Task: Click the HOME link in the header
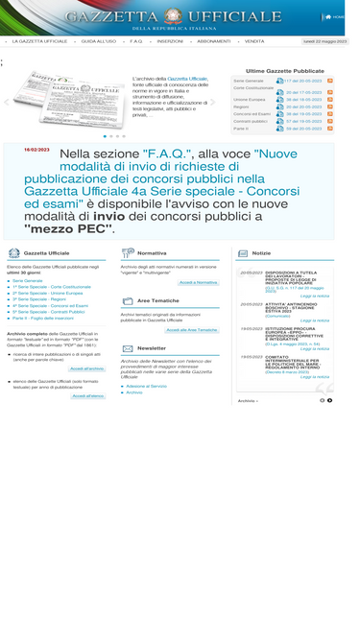pos(338,16)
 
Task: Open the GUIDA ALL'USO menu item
pos(98,41)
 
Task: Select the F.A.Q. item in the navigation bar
pos(136,41)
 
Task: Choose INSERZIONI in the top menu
pos(170,41)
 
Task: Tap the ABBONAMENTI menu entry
pos(213,41)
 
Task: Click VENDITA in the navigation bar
pos(254,41)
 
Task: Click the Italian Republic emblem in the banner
pos(173,15)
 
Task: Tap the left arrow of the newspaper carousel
pos(7,102)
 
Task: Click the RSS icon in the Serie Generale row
pos(329,82)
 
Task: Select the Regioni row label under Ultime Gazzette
pos(241,107)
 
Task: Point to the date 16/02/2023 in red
pos(36,150)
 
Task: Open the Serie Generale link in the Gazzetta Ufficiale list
pos(28,280)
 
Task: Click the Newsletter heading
pos(151,347)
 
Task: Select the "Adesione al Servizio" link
pos(146,385)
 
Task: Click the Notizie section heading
pos(261,253)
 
